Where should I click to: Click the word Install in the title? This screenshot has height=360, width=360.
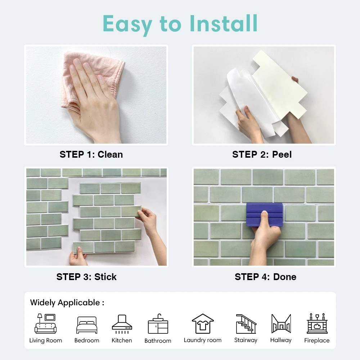224,23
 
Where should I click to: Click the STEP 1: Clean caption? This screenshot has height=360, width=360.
91,154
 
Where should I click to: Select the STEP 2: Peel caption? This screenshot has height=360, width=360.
262,154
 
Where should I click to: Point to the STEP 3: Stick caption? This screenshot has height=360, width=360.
86,277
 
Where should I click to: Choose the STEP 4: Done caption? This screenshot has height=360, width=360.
265,277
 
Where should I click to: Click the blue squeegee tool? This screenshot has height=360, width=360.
264,215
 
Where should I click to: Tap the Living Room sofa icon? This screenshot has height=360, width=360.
45,324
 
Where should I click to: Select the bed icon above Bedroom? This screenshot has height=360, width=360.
87,325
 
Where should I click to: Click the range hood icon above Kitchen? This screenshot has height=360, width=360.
122,324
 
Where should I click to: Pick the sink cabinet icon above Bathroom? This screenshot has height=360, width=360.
158,324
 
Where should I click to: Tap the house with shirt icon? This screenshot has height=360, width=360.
203,324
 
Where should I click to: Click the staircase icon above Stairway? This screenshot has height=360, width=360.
246,324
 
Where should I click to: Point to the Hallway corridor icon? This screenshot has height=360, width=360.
281,324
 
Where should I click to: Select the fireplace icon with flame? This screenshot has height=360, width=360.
317,323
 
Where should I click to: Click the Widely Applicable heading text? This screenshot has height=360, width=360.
67,303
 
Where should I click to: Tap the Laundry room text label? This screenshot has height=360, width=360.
203,340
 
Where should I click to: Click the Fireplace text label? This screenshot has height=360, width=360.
317,340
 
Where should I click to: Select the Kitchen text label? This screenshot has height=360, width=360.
122,340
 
